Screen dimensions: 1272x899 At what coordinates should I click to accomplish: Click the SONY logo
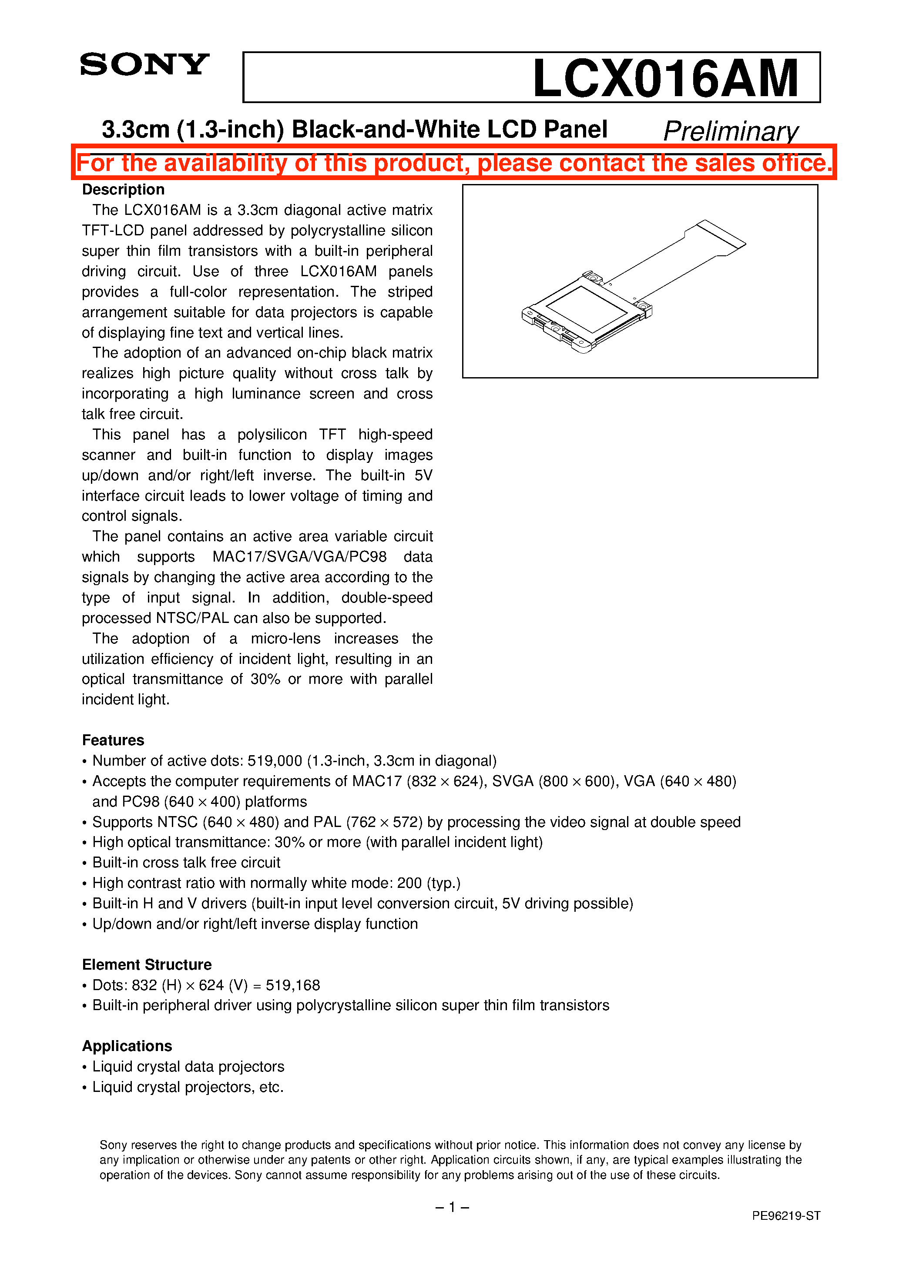pyautogui.click(x=144, y=65)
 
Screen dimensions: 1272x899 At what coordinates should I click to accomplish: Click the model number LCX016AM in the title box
pyautogui.click(x=665, y=78)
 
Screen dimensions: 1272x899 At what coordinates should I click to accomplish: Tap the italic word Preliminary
pyautogui.click(x=731, y=131)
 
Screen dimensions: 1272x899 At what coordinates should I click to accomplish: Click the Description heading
pyautogui.click(x=123, y=190)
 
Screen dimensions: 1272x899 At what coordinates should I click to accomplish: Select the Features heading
pyautogui.click(x=113, y=740)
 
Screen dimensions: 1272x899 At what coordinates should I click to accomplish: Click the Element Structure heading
pyautogui.click(x=147, y=964)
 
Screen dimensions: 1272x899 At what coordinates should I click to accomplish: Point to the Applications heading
pyautogui.click(x=127, y=1046)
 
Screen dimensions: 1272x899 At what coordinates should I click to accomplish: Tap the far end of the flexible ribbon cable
pyautogui.click(x=721, y=233)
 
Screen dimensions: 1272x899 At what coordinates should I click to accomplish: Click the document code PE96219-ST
pyautogui.click(x=785, y=1215)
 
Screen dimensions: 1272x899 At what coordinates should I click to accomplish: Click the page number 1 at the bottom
pyautogui.click(x=452, y=1207)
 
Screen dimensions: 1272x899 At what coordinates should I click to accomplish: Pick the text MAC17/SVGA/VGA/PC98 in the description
pyautogui.click(x=299, y=557)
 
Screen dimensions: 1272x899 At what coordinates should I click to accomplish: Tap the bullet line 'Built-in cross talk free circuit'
pyautogui.click(x=186, y=863)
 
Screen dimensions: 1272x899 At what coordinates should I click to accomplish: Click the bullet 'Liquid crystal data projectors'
pyautogui.click(x=188, y=1067)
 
